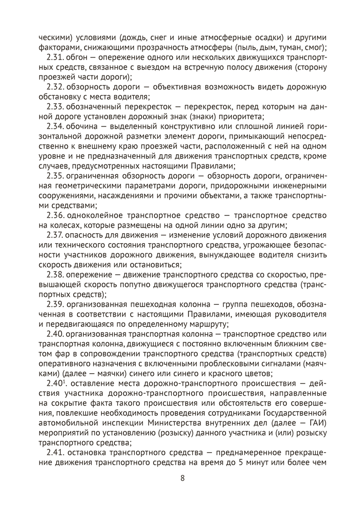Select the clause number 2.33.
(x=55, y=106)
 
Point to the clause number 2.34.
(x=55, y=126)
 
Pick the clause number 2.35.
(x=55, y=176)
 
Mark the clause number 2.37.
(x=55, y=235)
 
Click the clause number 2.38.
(x=55, y=275)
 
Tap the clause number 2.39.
(x=55, y=305)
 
